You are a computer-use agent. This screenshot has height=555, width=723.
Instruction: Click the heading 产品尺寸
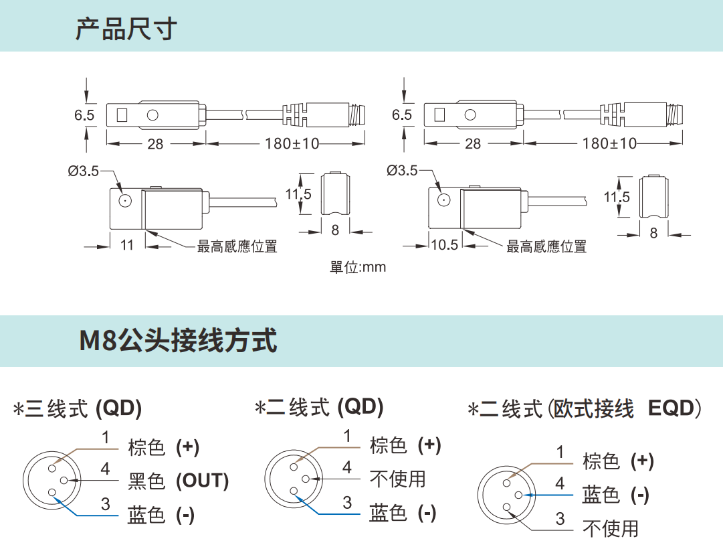coord(125,28)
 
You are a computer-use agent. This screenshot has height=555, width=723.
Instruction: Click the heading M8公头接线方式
coord(178,341)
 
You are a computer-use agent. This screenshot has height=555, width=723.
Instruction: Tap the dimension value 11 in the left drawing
coord(127,245)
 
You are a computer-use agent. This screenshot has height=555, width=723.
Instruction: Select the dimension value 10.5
coord(444,245)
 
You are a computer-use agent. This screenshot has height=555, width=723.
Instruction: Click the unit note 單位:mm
coord(358,267)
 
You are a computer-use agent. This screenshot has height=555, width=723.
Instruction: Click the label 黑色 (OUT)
coord(178,481)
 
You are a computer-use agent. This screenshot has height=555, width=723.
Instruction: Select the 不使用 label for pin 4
coord(397,479)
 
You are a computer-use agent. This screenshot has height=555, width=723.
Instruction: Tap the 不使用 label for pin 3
coord(611,529)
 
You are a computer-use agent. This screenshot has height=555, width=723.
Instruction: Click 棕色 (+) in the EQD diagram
coord(618,461)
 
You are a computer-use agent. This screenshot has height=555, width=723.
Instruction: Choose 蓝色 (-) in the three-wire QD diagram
coord(161,515)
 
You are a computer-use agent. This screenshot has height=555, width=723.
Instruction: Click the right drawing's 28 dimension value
coord(473,143)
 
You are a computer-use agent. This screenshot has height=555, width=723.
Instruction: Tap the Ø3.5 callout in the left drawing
coord(83,171)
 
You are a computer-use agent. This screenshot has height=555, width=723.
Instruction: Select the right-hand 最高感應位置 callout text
coord(546,247)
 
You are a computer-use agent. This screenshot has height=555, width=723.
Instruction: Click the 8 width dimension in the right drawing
coord(653,232)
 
